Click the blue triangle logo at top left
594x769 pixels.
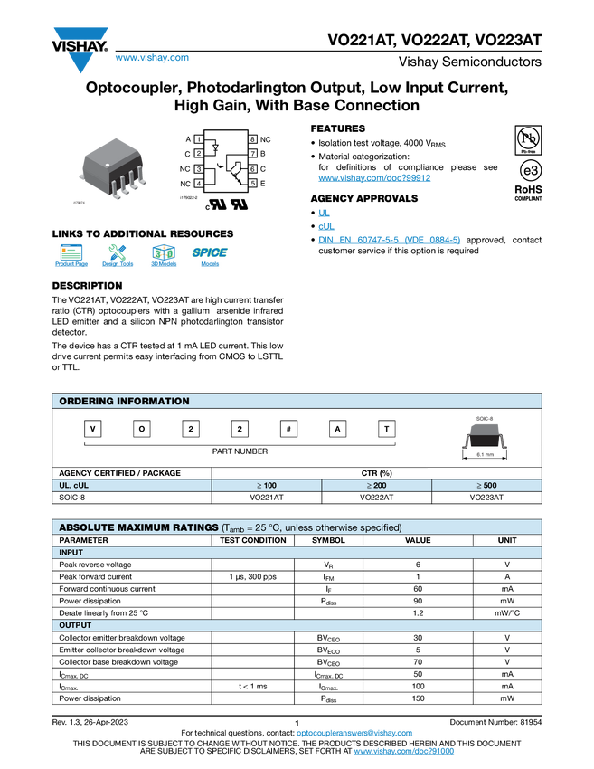81,62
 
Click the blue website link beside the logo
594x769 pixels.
152,58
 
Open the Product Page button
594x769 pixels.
71,258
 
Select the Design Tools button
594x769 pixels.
118,258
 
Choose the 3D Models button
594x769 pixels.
164,258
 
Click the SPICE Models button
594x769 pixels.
210,258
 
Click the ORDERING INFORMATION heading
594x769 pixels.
124,401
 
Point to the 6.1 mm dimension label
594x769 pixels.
484,455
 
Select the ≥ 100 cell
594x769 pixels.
266,486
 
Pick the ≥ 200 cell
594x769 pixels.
376,486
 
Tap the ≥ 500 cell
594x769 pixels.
486,486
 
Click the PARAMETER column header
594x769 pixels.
84,540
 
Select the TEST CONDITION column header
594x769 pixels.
253,540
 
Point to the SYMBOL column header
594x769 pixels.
328,540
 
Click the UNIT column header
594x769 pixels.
507,540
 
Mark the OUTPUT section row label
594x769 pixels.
75,625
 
